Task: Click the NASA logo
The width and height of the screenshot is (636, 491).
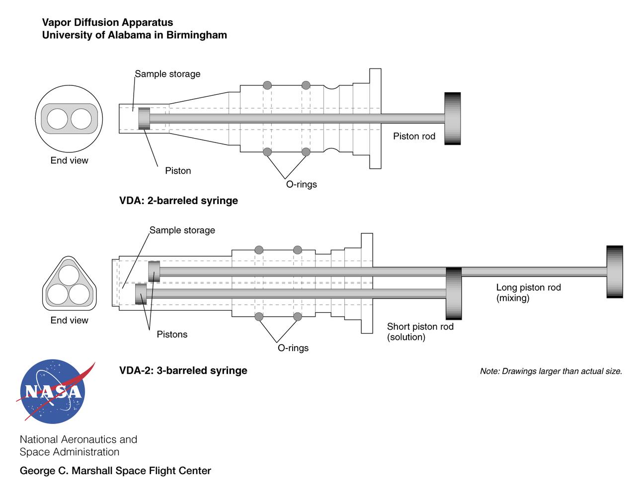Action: (53, 392)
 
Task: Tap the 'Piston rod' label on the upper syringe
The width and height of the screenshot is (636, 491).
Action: (414, 136)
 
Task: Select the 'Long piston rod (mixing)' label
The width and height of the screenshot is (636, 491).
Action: (528, 292)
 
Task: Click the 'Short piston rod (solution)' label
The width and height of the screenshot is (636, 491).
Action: (420, 332)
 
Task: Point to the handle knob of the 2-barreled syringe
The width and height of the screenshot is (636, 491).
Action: (452, 119)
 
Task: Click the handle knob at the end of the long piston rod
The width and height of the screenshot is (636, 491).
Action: (615, 272)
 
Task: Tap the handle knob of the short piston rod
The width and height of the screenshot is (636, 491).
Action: (454, 293)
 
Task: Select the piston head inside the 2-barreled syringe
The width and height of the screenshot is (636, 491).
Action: (144, 119)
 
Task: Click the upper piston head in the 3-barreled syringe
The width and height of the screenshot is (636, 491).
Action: (154, 272)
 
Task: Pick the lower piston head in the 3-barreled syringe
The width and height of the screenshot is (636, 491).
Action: (141, 294)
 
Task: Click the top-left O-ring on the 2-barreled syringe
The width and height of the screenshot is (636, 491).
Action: (267, 85)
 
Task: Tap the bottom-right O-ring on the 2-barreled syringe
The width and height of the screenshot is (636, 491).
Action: (306, 152)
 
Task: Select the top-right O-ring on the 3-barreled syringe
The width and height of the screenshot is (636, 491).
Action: (297, 250)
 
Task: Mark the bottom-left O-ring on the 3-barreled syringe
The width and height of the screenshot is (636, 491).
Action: (259, 317)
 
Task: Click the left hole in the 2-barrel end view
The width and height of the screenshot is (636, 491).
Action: (58, 119)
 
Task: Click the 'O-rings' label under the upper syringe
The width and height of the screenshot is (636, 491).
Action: (301, 184)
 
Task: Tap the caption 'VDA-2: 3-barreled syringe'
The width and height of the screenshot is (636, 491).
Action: (183, 370)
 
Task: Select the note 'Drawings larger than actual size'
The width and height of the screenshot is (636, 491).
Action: (551, 371)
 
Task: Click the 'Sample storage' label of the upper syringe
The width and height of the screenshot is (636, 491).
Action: (167, 74)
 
